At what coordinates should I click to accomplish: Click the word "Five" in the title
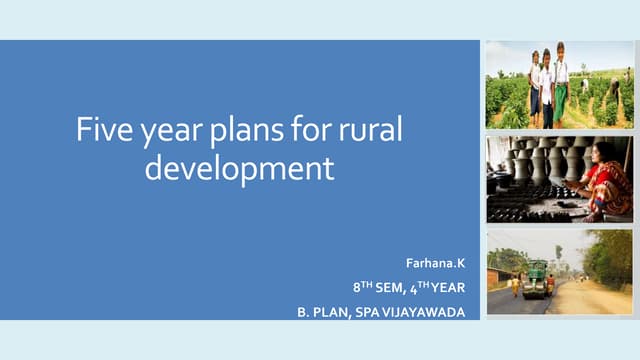[x=102, y=131]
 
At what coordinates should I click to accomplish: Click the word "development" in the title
[x=239, y=167]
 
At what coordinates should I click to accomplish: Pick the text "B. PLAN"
[x=321, y=312]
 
